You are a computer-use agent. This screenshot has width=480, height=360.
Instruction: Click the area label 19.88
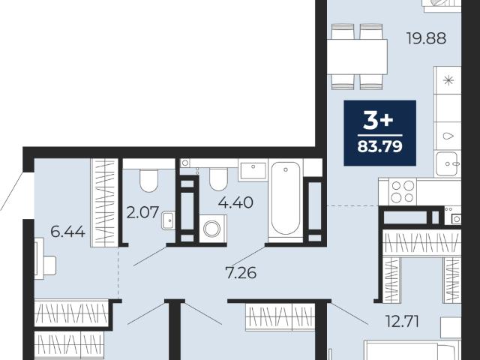(426, 38)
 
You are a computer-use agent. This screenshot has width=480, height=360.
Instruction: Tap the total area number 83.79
(379, 147)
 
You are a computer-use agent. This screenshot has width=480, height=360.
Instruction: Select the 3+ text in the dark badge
(378, 120)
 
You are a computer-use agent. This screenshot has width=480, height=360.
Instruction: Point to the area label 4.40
(235, 202)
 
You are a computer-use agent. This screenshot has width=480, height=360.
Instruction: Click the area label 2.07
(142, 212)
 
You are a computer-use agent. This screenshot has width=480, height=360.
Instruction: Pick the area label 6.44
(67, 232)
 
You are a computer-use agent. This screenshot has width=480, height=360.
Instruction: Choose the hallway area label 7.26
(241, 273)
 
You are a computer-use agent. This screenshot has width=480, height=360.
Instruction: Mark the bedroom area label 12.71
(402, 322)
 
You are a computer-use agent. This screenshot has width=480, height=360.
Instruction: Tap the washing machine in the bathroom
(212, 229)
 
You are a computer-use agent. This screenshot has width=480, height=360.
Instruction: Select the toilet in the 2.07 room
(148, 181)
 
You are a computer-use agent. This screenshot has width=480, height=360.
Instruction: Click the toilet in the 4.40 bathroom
(218, 179)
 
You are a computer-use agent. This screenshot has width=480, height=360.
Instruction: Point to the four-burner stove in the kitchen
(403, 192)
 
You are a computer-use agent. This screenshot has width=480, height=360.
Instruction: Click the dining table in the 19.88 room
(357, 57)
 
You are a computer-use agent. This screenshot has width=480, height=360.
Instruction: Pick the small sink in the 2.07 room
(169, 220)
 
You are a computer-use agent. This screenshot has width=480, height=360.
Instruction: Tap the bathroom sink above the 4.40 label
(253, 171)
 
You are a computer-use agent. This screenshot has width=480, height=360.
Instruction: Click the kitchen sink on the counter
(448, 164)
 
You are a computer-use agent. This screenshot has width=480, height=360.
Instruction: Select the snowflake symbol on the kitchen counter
(448, 80)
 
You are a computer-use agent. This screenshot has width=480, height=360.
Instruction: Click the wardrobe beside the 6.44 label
(104, 202)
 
